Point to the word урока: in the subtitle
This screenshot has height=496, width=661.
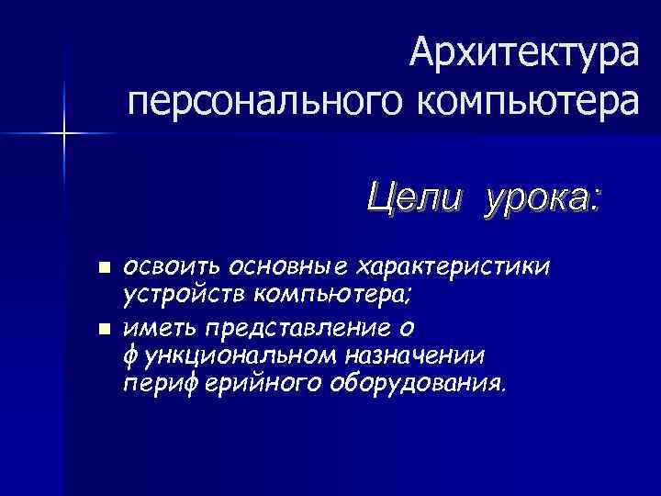point(543,196)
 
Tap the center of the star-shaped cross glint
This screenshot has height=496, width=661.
point(64,134)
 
